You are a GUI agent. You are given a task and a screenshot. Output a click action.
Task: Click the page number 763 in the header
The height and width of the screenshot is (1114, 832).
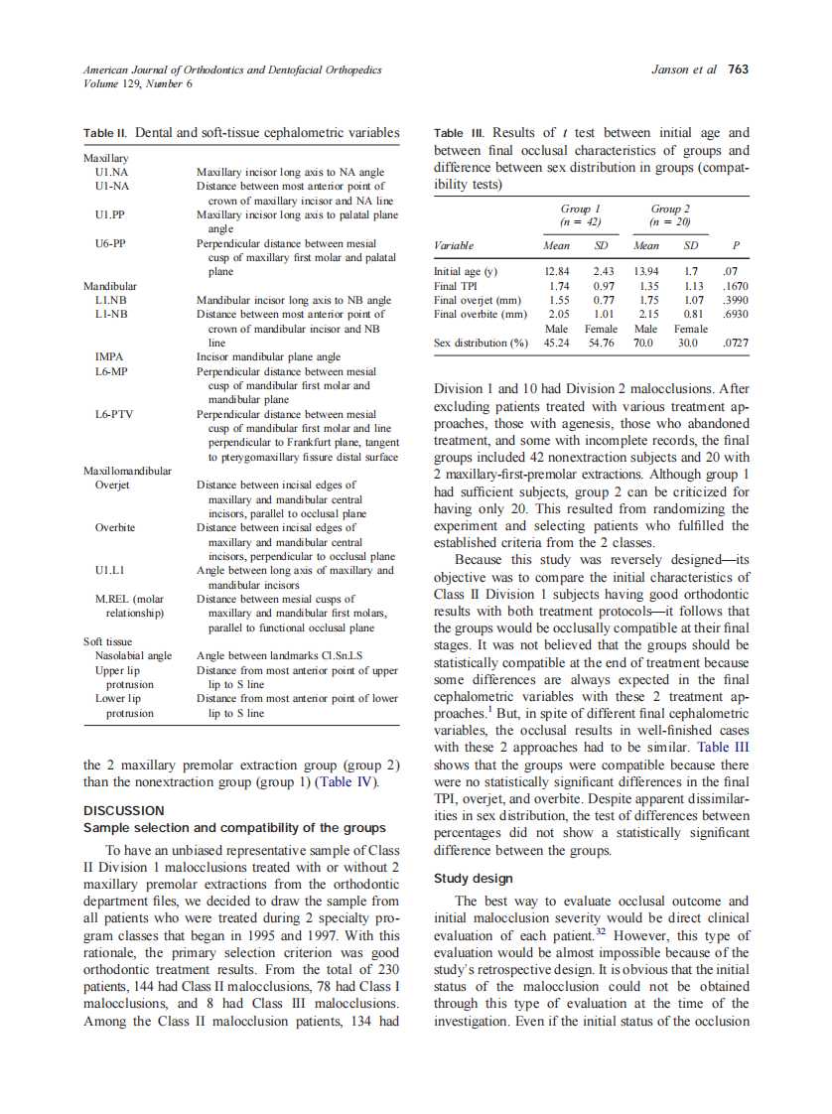tap(739, 70)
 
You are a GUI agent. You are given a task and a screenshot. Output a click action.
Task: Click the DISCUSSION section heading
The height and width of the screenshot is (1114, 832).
tap(122, 809)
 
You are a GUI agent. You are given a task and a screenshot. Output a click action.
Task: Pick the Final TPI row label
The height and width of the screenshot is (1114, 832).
tap(456, 285)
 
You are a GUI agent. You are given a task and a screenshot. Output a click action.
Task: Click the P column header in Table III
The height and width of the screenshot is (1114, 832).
tap(735, 244)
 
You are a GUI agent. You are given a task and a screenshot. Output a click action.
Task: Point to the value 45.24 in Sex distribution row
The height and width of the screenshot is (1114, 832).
tap(556, 343)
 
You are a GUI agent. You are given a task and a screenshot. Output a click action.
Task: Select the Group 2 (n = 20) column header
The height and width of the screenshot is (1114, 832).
tap(670, 215)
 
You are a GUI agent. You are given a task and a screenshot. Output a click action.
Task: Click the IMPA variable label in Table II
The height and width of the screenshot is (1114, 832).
tap(108, 355)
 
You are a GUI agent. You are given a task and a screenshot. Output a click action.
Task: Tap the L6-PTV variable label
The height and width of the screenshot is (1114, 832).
tap(114, 414)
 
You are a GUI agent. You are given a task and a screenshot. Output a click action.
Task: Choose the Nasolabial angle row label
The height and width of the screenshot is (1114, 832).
tap(133, 655)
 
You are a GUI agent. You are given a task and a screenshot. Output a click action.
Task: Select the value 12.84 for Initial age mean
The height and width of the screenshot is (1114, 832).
tap(556, 271)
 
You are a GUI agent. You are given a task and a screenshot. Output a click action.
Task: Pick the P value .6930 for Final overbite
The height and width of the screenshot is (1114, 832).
tap(734, 314)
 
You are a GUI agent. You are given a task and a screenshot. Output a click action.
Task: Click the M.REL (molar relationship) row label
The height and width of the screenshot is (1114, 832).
tap(129, 606)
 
